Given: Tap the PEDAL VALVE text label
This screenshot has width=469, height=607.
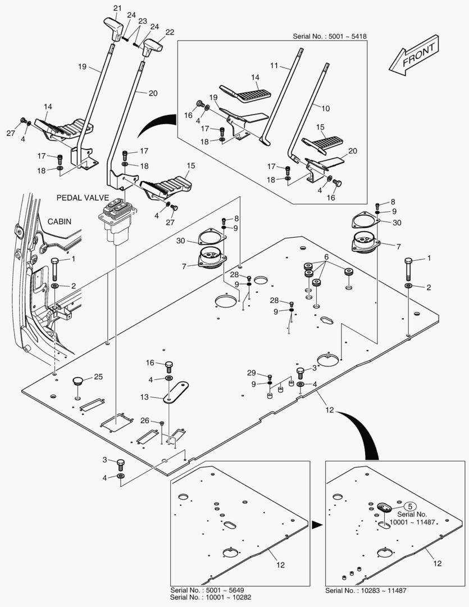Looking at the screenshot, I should (82, 198).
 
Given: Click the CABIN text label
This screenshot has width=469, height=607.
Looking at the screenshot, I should (59, 221).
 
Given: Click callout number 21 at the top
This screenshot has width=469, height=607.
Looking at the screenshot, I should (116, 8).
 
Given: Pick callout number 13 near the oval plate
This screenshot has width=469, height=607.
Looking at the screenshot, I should (144, 397).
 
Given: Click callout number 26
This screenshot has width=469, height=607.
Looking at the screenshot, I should (145, 420).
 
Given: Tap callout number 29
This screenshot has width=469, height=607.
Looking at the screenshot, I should (251, 373).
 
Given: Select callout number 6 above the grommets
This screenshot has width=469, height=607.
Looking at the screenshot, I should (325, 257).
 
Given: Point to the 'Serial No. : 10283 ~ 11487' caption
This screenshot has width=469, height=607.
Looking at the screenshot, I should (366, 591).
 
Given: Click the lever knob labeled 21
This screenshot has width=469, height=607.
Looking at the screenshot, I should (115, 28).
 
